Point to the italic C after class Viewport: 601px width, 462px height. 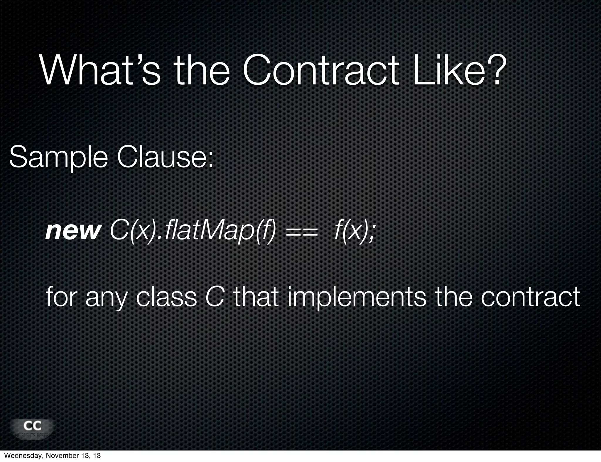point(215,297)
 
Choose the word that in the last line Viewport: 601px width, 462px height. point(256,297)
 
